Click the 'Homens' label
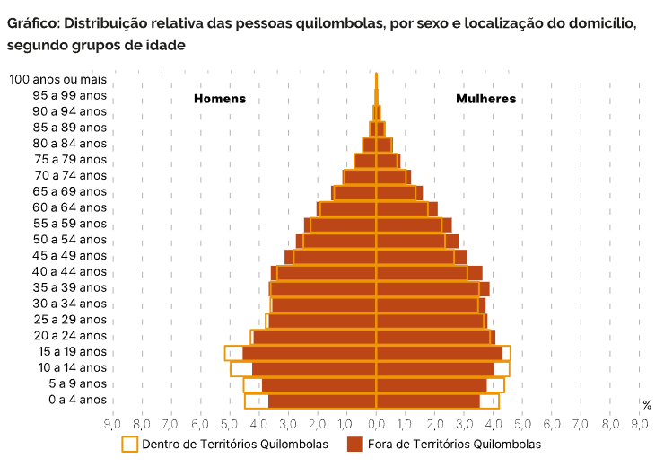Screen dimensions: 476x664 click(220, 99)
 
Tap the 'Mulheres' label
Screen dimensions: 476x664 click(485, 99)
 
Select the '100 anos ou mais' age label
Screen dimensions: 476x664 click(57, 79)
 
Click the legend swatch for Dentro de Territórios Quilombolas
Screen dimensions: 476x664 click(130, 445)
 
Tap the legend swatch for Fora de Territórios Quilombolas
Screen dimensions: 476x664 click(354, 445)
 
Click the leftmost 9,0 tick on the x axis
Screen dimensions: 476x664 click(112, 424)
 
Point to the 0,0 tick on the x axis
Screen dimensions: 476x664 click(377, 424)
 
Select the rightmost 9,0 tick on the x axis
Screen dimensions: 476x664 click(639, 424)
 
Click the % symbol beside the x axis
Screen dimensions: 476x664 click(647, 406)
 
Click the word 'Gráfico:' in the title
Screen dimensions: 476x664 click(33, 22)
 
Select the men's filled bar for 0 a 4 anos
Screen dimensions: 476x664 click(322, 401)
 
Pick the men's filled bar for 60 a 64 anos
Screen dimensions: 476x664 click(348, 208)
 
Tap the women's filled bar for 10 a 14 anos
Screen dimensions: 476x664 click(435, 368)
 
